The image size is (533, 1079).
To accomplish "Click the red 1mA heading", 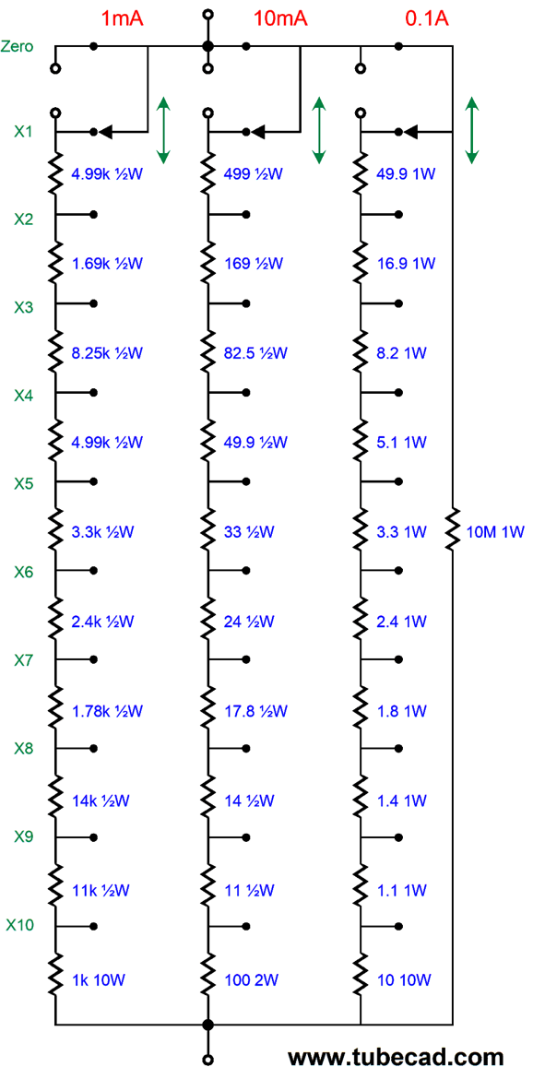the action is (123, 18).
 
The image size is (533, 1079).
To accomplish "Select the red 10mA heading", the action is (280, 18).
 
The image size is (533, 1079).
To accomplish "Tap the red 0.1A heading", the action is (427, 18).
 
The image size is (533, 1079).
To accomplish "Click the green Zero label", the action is (18, 47).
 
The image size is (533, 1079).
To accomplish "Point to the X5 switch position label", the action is (23, 483).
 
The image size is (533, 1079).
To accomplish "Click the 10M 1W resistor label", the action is (495, 532).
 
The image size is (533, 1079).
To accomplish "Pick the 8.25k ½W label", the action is (107, 353).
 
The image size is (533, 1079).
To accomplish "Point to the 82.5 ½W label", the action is (255, 353).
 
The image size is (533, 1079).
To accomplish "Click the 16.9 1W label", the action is (406, 264).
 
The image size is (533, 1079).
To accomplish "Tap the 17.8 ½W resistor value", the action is (255, 710).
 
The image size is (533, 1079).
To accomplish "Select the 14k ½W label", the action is (101, 800).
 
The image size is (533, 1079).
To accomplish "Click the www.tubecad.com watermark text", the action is (395, 1056).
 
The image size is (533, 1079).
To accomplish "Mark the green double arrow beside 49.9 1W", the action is (472, 131).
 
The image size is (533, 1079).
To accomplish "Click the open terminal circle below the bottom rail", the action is (207, 1059).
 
